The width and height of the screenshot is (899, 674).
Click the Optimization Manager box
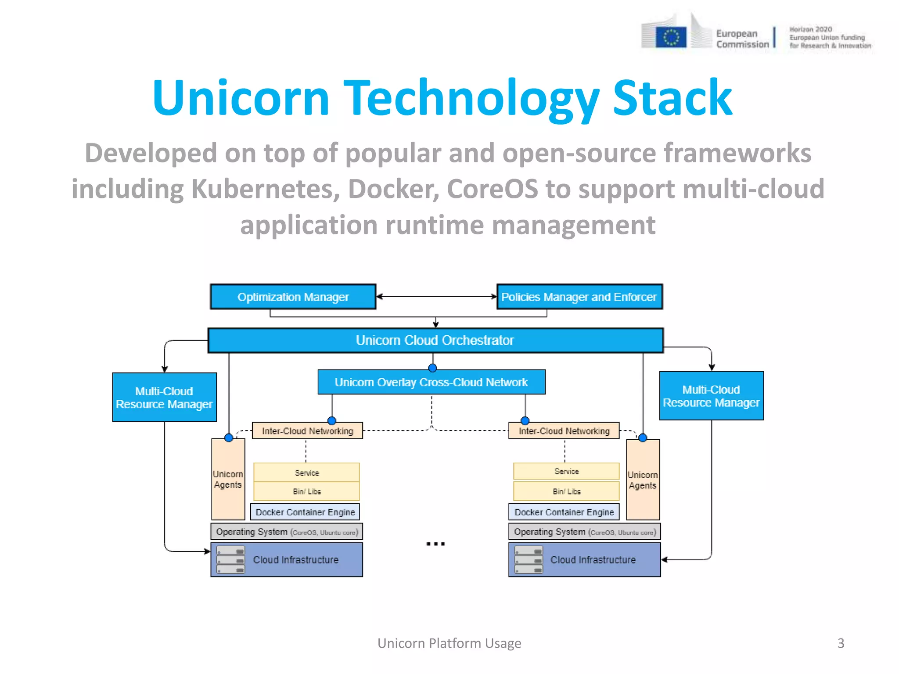293,297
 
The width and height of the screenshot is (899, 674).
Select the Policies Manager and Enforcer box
579,297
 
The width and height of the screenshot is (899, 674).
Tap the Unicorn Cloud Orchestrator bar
435,341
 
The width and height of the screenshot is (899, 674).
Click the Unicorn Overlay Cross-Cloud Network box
431,382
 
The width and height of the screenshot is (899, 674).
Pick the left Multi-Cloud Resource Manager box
164,398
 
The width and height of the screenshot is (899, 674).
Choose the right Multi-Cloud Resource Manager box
711,396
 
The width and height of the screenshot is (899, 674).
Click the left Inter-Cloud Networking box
307,431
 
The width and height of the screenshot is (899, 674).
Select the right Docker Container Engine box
564,512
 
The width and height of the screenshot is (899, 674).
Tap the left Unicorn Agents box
228,479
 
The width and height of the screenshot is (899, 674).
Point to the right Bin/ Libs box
566,491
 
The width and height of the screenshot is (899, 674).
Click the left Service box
306,473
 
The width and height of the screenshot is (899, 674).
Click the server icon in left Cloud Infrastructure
230,560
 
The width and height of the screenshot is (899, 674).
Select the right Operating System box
584,532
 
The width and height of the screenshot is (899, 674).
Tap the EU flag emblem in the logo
671,37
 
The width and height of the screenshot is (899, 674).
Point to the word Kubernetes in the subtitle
265,189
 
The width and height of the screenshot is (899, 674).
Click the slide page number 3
841,643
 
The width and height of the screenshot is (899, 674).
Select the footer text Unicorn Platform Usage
449,643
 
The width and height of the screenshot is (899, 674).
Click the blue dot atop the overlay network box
432,368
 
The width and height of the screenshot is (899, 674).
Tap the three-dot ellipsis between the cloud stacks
435,544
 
